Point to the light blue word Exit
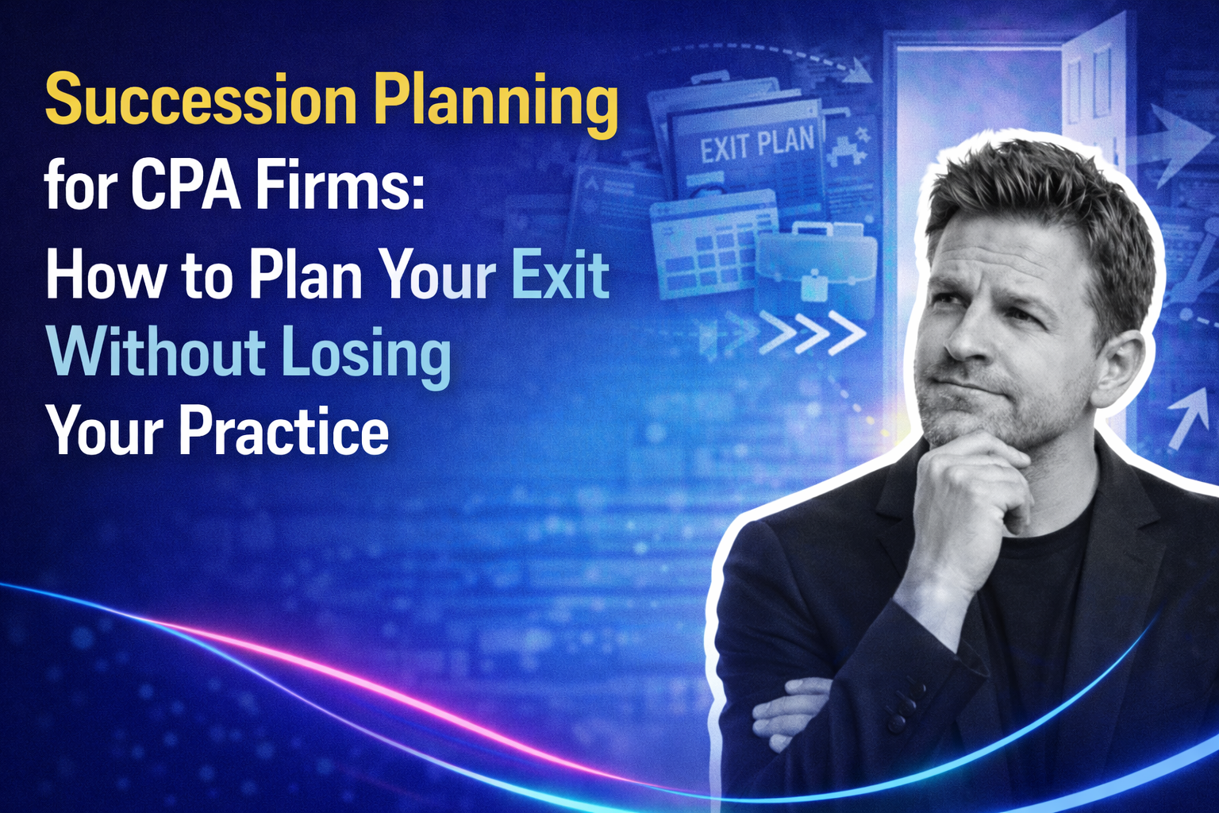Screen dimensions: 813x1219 560,275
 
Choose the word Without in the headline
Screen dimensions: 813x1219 156,353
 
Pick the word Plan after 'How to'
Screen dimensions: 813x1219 305,275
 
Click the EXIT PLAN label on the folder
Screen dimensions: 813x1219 756,144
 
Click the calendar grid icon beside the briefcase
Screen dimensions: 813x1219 702,246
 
